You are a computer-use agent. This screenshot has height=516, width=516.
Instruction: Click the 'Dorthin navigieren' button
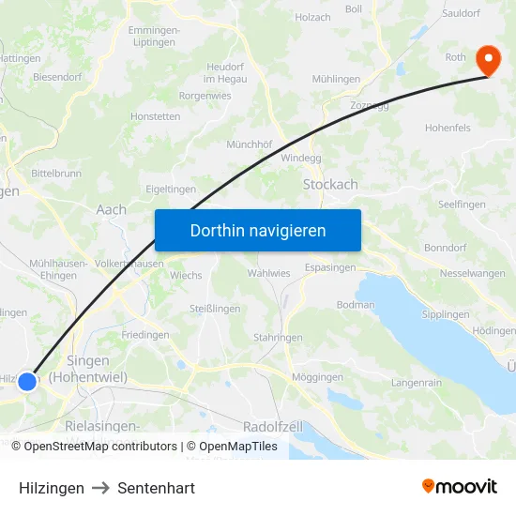(258, 230)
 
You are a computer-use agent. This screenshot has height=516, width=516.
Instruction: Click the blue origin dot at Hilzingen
(27, 381)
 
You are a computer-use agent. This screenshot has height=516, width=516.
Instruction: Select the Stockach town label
(329, 185)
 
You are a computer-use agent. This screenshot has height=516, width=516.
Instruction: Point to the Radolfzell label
(272, 426)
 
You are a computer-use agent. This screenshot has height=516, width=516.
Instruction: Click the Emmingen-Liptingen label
(154, 37)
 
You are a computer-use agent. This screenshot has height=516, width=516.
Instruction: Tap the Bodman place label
(356, 305)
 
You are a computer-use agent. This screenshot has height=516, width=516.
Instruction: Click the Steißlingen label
(215, 309)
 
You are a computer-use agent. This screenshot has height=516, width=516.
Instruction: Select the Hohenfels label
(448, 128)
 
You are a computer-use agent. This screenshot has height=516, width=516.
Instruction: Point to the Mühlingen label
(336, 80)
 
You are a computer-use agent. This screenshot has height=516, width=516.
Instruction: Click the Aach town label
(111, 210)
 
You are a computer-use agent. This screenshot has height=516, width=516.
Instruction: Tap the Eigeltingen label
(171, 189)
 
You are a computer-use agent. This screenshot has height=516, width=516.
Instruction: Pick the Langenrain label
(416, 383)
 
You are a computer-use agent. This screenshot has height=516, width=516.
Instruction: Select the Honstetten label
(156, 117)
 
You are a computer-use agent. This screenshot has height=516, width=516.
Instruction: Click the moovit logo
(460, 486)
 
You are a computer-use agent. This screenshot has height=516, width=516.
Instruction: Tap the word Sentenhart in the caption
(157, 488)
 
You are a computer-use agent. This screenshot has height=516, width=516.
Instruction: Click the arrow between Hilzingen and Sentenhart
(101, 488)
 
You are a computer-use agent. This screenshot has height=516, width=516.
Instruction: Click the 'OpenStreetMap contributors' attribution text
(100, 447)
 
